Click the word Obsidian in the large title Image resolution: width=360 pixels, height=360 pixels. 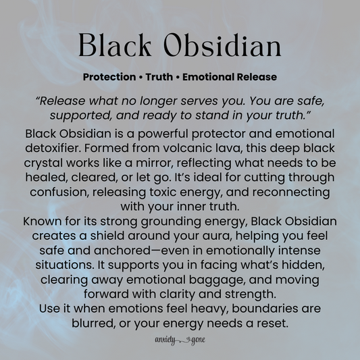tap(221, 46)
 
